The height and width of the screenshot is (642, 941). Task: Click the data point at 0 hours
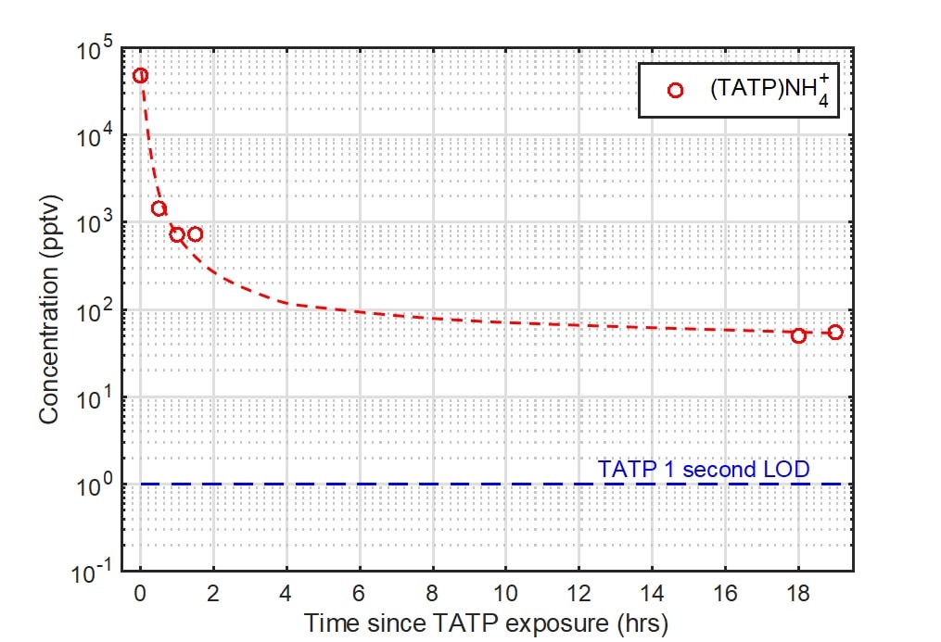tap(140, 75)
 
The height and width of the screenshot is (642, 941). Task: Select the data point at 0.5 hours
tap(159, 208)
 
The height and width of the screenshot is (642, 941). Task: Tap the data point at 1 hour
tap(177, 234)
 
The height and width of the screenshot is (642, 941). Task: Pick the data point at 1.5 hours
tap(195, 233)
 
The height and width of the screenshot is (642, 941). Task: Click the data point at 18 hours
tap(798, 335)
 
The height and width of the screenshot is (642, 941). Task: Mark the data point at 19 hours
tap(834, 332)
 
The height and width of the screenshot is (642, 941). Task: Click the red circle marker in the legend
tap(675, 90)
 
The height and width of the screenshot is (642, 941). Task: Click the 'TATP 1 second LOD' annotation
tap(704, 469)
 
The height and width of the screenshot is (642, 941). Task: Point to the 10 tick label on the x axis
tap(505, 594)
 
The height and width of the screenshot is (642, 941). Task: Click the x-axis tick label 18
tap(797, 594)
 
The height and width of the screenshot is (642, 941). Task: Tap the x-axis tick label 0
tap(140, 594)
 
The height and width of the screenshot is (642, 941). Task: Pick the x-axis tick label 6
tap(359, 594)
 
